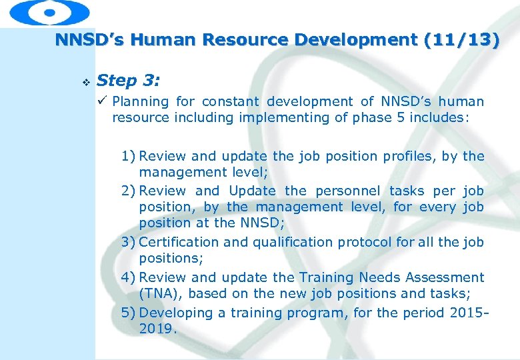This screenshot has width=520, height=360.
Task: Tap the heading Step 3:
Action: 128,81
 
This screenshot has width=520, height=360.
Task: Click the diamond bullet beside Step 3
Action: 84,82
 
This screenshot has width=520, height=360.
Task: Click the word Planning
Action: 141,102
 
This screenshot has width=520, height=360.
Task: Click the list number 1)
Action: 129,157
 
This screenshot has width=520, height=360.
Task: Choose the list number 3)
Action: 129,243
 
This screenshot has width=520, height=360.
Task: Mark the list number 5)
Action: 129,312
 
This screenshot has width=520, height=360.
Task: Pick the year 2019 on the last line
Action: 157,329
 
